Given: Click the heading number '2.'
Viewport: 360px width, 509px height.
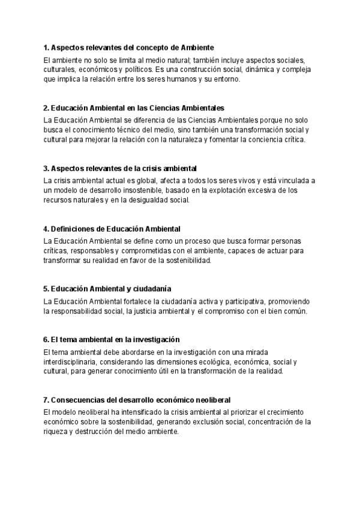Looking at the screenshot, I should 46,108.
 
